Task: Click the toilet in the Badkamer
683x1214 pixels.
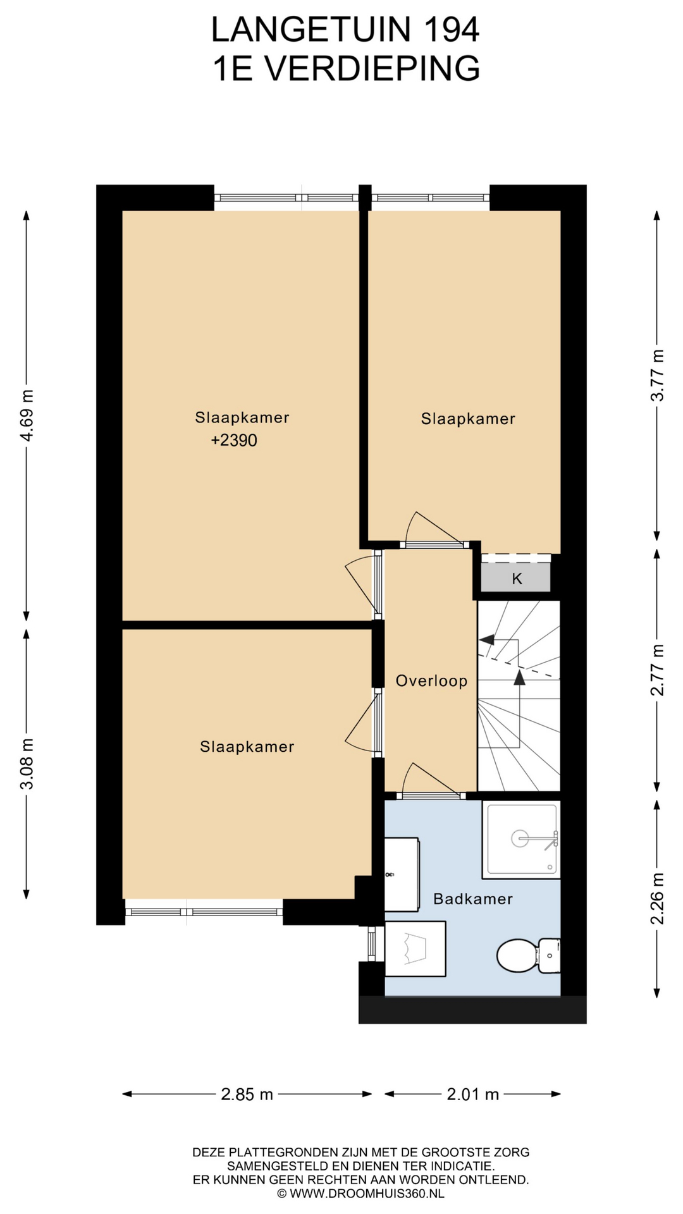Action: (x=528, y=955)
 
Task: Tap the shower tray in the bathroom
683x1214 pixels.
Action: (x=521, y=840)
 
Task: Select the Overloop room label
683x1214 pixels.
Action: (x=431, y=681)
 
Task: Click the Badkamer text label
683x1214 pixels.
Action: (x=472, y=898)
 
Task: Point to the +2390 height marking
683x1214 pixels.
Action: (x=234, y=440)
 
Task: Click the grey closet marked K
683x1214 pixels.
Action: (x=516, y=578)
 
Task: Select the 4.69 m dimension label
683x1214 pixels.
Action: (x=27, y=417)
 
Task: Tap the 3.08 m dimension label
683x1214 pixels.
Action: (x=27, y=764)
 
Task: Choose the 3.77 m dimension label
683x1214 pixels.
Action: (x=658, y=374)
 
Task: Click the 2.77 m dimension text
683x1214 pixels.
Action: (x=658, y=670)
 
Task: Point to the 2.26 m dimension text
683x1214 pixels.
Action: (x=658, y=898)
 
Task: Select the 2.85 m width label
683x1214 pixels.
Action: (x=247, y=1094)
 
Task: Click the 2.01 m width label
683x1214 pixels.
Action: (x=473, y=1094)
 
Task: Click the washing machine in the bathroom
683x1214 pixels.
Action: (x=415, y=948)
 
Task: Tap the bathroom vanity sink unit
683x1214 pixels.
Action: (x=402, y=874)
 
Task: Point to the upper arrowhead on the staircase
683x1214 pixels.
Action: (x=486, y=639)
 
